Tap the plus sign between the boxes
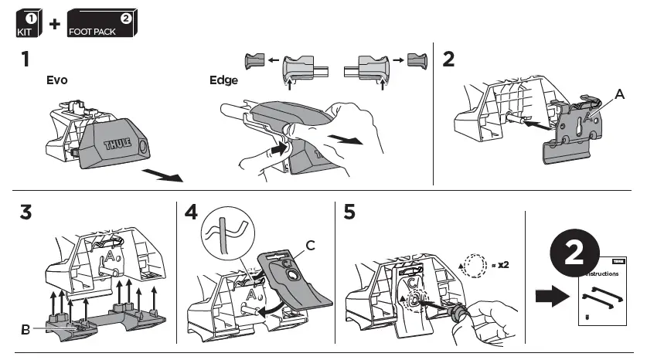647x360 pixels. point(54,23)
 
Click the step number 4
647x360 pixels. point(192,212)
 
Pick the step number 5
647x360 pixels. point(349,212)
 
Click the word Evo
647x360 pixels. point(57,80)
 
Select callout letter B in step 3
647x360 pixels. point(26,329)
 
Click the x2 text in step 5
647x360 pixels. point(503,264)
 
